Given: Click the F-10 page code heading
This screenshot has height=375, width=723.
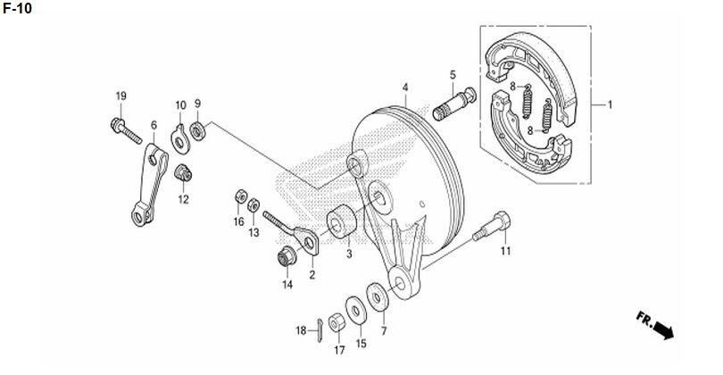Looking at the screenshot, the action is pyautogui.click(x=18, y=8).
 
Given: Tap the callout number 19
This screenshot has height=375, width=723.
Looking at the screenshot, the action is pyautogui.click(x=120, y=96).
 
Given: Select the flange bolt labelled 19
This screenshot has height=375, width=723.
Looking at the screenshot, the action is pyautogui.click(x=126, y=131).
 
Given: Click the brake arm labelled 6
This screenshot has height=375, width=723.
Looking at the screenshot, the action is pyautogui.click(x=149, y=185).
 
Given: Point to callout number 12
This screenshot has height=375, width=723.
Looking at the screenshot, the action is pyautogui.click(x=184, y=200).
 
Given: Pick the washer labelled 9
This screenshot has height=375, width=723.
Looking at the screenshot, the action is pyautogui.click(x=198, y=131).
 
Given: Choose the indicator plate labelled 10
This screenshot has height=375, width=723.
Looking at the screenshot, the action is pyautogui.click(x=180, y=139).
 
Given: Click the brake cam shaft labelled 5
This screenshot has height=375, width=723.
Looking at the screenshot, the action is pyautogui.click(x=454, y=104).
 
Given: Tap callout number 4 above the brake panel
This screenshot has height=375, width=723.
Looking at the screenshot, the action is pyautogui.click(x=405, y=87).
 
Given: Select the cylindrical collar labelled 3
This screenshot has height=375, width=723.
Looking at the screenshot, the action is pyautogui.click(x=342, y=221).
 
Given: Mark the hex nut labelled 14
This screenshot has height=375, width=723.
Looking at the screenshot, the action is pyautogui.click(x=287, y=256).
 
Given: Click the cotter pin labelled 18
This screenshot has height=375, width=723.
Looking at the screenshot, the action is pyautogui.click(x=319, y=330).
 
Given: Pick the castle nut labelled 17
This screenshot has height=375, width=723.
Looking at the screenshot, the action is pyautogui.click(x=337, y=321).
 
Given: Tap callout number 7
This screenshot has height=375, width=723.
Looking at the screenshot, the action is pyautogui.click(x=384, y=330).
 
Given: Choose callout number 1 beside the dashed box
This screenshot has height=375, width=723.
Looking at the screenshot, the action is pyautogui.click(x=610, y=104).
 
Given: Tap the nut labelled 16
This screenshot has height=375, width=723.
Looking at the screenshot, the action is pyautogui.click(x=240, y=196).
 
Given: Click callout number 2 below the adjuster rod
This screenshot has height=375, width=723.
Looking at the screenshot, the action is pyautogui.click(x=312, y=275).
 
